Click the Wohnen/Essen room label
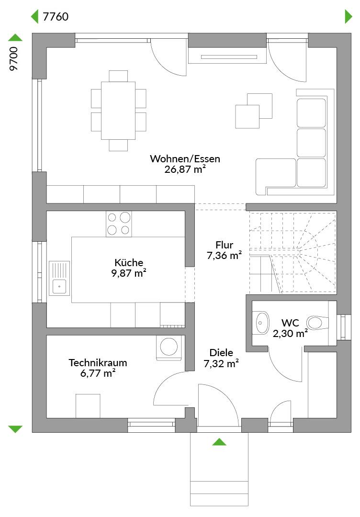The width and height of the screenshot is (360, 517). click(185, 159)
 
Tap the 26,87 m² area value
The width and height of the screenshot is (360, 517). click(185, 169)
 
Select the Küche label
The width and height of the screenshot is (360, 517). click(129, 262)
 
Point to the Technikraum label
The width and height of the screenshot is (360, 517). click(98, 363)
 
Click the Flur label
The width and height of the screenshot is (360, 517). click(224, 245)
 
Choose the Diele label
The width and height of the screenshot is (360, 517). click(221, 353)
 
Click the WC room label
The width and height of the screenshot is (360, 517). click(290, 323)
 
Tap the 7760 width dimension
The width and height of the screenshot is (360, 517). click(56, 16)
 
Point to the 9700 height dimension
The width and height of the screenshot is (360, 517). click(14, 59)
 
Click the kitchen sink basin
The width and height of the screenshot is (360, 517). click(59, 287)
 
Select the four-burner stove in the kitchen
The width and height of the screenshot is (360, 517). click(119, 224)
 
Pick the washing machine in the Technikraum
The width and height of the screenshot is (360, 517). click(169, 347)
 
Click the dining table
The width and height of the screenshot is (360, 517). click(118, 111)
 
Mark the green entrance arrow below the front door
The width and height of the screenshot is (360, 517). click(219, 442)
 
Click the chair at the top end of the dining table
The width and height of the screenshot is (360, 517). click(118, 76)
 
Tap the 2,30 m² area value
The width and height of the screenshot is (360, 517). click(290, 333)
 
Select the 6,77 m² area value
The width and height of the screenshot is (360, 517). click(98, 373)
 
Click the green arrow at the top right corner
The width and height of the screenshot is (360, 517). click(349, 16)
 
